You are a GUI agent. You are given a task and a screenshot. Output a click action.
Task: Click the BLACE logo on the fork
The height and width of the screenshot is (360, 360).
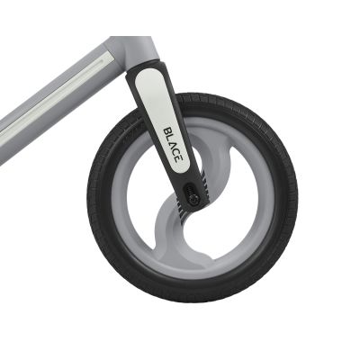point(175,145)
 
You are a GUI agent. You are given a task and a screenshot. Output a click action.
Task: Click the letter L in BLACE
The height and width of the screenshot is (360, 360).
point(171,138)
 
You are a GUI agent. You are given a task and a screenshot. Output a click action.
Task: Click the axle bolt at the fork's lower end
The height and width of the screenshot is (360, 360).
point(193,198)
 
